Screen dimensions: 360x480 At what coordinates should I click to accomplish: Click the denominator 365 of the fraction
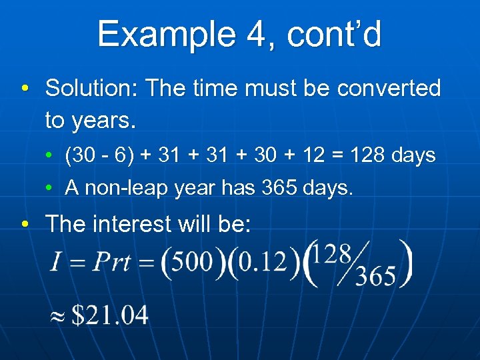(x=375, y=276)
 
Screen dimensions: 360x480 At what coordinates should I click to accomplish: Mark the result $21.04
(x=110, y=315)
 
